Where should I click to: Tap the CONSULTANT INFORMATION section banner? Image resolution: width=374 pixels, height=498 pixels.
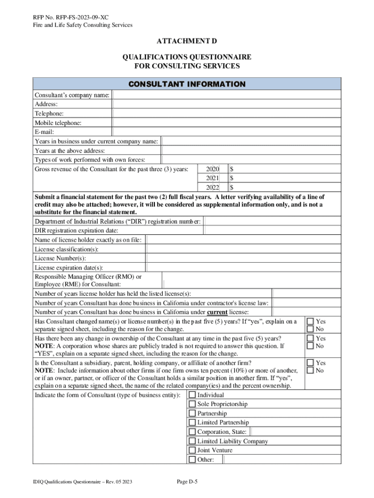(x=187, y=84)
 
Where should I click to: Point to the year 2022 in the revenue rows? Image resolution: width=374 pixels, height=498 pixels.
(x=212, y=187)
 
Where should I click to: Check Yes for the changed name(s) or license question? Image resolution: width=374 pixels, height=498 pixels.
(x=309, y=321)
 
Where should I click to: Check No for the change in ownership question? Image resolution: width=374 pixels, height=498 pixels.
(x=309, y=346)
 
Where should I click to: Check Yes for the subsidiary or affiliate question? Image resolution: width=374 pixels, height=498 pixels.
(x=309, y=363)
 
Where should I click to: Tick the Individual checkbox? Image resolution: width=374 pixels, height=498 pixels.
(x=192, y=395)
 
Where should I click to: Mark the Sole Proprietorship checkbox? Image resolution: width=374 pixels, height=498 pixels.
(x=192, y=404)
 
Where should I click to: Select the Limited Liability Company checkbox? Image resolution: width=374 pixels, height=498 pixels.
(x=192, y=441)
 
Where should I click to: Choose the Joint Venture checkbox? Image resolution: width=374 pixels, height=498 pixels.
(x=192, y=450)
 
